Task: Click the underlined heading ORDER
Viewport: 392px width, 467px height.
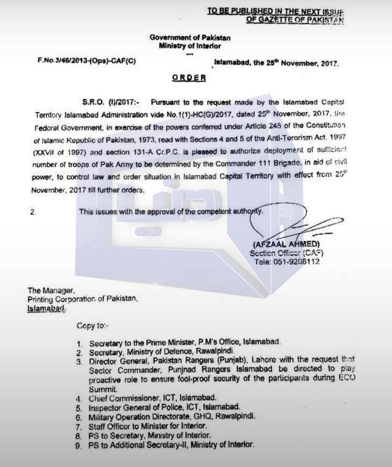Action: tap(189, 78)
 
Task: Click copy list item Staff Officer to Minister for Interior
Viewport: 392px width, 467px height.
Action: tap(157, 425)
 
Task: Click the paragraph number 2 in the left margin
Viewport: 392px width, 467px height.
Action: tap(32, 212)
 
